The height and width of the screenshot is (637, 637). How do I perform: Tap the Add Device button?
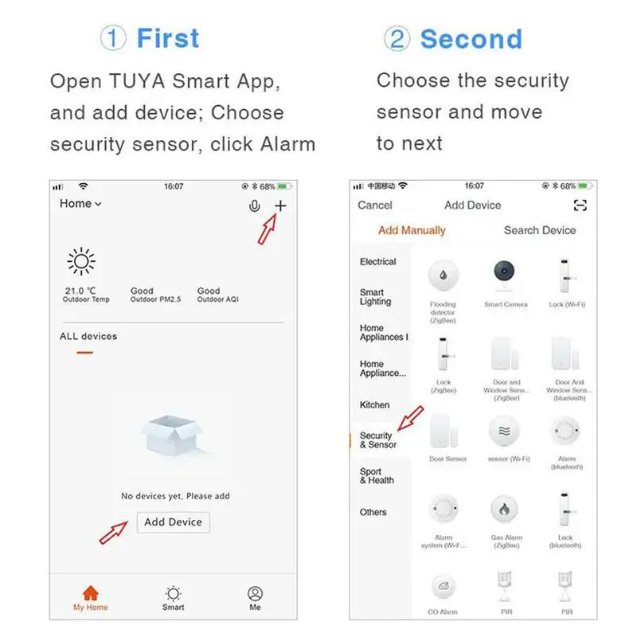pos(173,522)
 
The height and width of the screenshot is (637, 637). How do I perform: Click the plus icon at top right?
pos(280,206)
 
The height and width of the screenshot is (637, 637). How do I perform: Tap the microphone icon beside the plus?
pos(254,206)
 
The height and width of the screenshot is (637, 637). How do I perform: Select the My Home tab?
pos(91,597)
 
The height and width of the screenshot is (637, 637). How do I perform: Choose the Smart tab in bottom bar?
pos(173,597)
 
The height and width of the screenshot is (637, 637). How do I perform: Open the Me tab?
pos(255,597)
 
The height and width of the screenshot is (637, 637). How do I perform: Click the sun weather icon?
pos(81,262)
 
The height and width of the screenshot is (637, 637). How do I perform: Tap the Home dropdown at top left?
pos(80,204)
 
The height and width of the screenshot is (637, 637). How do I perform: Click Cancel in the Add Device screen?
pos(375,205)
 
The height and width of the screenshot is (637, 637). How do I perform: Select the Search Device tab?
pos(539,230)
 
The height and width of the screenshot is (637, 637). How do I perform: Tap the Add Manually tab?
pos(412,230)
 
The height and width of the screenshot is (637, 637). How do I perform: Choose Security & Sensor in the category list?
pos(377,440)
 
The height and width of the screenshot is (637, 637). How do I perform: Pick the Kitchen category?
pos(374,404)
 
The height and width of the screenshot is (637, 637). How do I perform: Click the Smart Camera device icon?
pos(505,276)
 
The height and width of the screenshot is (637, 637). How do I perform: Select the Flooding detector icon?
pos(444,276)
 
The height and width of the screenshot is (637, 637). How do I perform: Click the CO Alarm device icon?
pos(444,587)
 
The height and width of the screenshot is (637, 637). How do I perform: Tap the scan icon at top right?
pos(580,205)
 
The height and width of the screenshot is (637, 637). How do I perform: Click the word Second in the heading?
pos(471,39)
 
